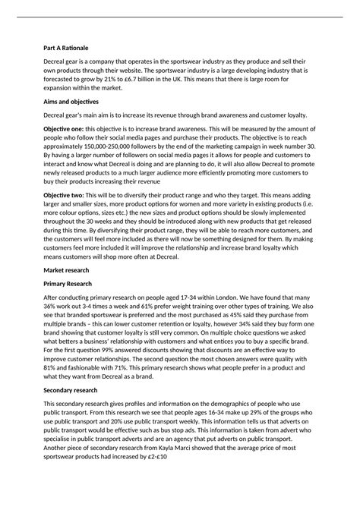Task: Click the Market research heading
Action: pos(67,269)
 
